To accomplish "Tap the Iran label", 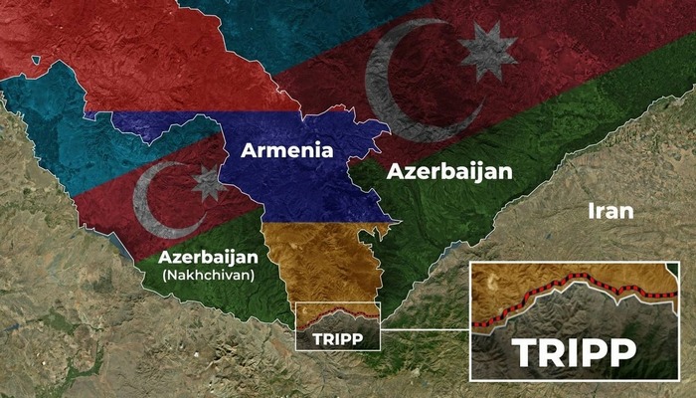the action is click(x=610, y=211).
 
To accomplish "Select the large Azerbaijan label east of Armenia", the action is click(x=449, y=171).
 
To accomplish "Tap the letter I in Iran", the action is click(x=593, y=211).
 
